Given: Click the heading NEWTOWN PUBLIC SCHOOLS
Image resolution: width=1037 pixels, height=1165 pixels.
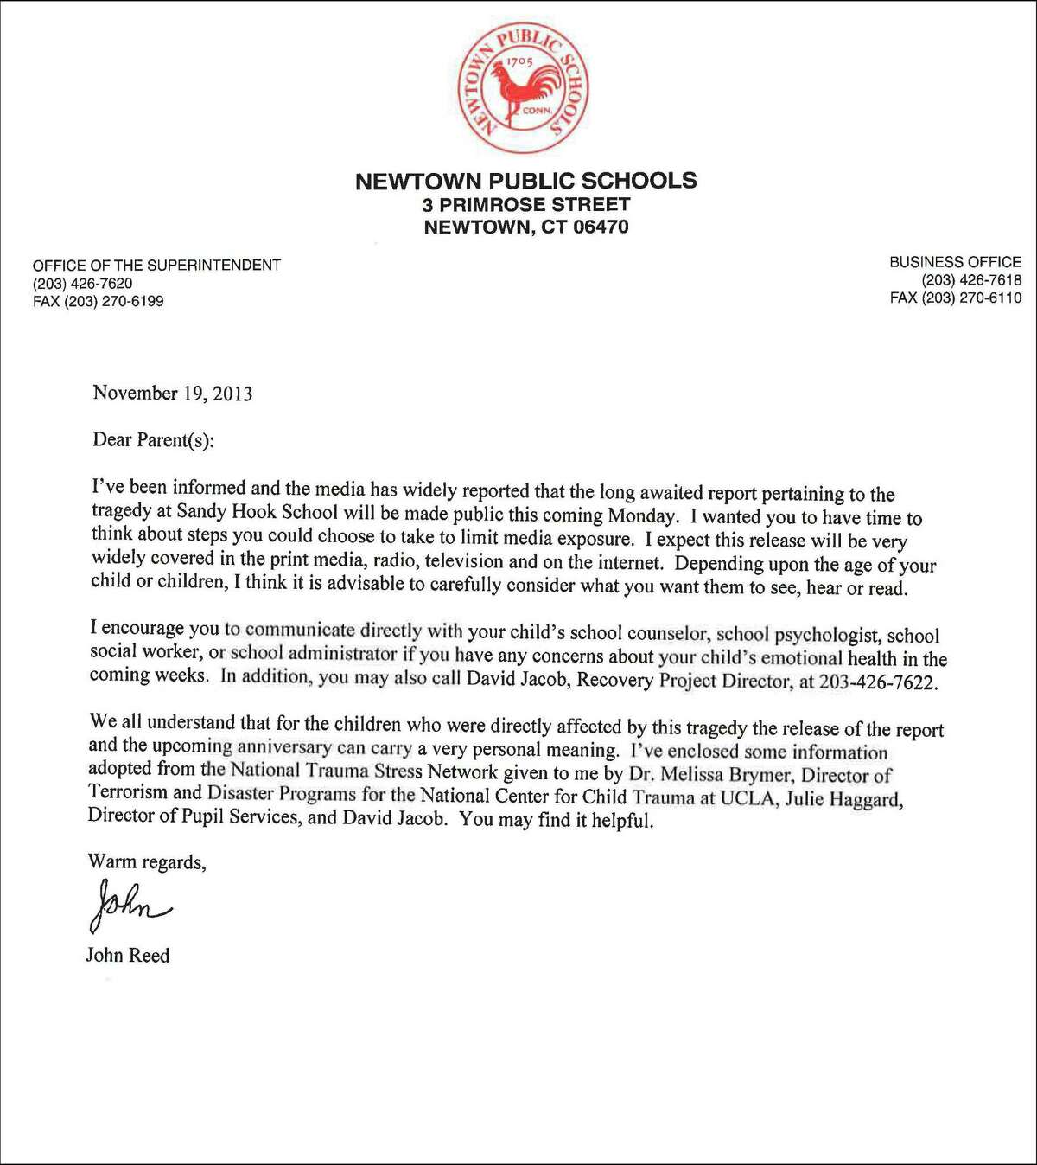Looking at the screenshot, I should (525, 181).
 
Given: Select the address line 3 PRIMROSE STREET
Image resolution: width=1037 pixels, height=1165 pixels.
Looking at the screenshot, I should (526, 205).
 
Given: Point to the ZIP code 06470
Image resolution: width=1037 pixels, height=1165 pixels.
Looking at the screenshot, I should (599, 227).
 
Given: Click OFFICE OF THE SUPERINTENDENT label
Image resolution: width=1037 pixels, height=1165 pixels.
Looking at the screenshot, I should (156, 266).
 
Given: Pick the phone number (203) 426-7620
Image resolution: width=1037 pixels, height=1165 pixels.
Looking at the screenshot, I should (83, 284).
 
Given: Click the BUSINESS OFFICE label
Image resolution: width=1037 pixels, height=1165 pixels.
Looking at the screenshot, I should (955, 262).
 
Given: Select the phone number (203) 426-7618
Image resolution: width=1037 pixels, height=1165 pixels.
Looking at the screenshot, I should (971, 280).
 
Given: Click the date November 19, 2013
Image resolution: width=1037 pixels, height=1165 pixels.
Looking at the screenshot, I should (173, 394).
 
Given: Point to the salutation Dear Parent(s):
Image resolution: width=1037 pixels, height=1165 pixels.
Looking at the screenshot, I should (153, 439).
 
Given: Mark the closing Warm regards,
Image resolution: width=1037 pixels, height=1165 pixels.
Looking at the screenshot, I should (147, 861).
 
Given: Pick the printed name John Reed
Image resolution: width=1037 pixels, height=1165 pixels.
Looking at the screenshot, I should (128, 956).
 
